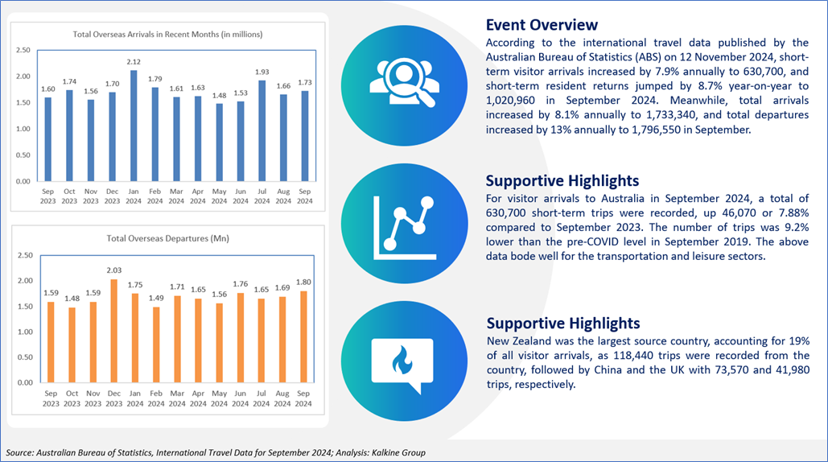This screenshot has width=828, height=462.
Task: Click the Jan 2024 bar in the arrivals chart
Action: tap(134, 126)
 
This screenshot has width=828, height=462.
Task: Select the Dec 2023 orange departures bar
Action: tap(114, 331)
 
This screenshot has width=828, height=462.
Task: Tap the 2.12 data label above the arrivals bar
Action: tap(134, 62)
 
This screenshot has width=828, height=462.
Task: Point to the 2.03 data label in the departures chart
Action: tap(114, 270)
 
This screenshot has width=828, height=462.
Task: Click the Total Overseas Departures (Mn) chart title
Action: tap(168, 238)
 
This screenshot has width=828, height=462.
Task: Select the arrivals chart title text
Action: tap(168, 35)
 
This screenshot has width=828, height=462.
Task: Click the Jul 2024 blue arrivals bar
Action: tap(262, 131)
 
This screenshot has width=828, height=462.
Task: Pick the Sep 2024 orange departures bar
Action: tap(303, 337)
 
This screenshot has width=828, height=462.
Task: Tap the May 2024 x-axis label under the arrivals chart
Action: tap(219, 196)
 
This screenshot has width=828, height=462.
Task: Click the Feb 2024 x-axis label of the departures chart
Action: tap(156, 398)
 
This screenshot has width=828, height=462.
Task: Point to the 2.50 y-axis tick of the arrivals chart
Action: tap(23, 50)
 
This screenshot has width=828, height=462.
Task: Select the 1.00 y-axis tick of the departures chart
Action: tap(26, 332)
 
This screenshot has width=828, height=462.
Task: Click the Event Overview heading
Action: tap(542, 25)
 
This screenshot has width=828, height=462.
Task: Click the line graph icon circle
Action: tap(405, 223)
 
